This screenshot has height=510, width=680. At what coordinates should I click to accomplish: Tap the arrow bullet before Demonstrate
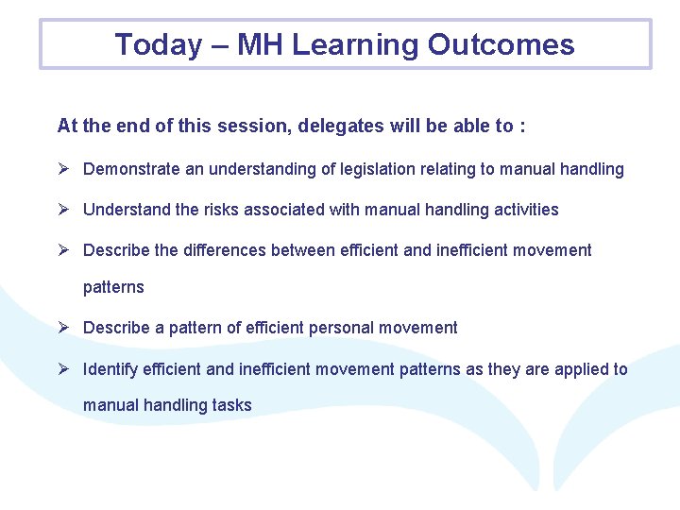pos(64,169)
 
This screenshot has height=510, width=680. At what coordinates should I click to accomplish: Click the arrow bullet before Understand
pos(64,210)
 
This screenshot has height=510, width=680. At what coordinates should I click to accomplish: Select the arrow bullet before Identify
pos(64,369)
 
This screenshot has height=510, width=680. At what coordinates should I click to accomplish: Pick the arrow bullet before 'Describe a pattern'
pos(64,328)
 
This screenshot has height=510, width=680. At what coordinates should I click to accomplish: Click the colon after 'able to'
pos(522,127)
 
